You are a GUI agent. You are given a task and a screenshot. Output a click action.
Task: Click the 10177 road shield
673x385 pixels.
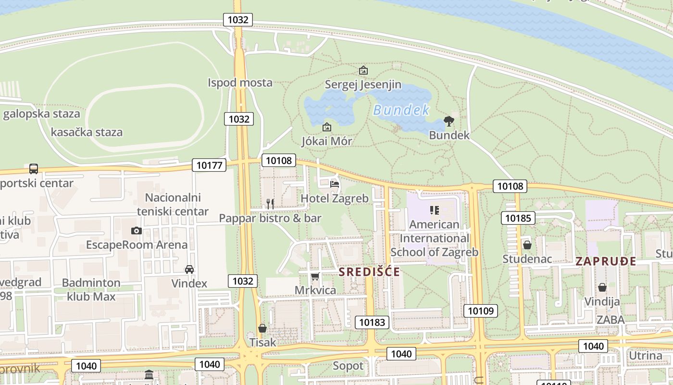pos(209,165)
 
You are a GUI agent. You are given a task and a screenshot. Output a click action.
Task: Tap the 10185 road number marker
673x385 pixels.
pos(518,218)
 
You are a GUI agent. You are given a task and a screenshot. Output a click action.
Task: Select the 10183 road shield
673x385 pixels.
pos(372,322)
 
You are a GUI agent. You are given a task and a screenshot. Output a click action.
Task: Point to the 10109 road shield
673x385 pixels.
pos(481,310)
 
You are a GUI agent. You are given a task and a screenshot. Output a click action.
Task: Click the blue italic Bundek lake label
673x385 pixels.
pos(401,110)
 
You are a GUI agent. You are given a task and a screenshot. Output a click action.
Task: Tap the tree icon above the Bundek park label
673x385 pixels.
pos(449,121)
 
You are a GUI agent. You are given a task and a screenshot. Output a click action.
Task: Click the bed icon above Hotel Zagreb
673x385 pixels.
pos(335,184)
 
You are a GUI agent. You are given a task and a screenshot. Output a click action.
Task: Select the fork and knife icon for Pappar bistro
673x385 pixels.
pos(270,204)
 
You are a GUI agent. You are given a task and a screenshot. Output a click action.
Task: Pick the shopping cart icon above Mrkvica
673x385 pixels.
pos(315,276)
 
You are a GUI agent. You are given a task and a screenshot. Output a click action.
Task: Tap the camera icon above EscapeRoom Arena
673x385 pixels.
pos(137,231)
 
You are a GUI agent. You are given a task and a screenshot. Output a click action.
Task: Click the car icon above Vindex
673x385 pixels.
pos(189,269)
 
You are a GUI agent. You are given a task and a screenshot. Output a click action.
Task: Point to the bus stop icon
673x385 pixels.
pos(34,168)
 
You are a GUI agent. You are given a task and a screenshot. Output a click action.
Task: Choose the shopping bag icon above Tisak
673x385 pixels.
pos(262,328)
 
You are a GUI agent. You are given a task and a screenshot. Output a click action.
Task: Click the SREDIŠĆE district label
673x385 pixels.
pos(369,272)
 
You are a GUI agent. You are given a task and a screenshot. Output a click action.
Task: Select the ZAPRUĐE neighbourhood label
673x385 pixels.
pos(606,261)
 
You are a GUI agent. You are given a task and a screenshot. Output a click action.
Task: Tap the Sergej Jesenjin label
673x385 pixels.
pos(363,85)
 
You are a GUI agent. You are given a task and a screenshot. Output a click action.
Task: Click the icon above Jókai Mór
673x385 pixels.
pos(327,127)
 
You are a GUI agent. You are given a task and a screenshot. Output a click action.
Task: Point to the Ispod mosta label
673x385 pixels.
pos(240,83)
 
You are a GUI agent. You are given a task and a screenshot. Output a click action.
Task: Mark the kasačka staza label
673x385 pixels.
pos(87,132)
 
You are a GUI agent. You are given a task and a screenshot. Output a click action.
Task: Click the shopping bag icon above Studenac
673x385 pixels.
pos(527,245)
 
